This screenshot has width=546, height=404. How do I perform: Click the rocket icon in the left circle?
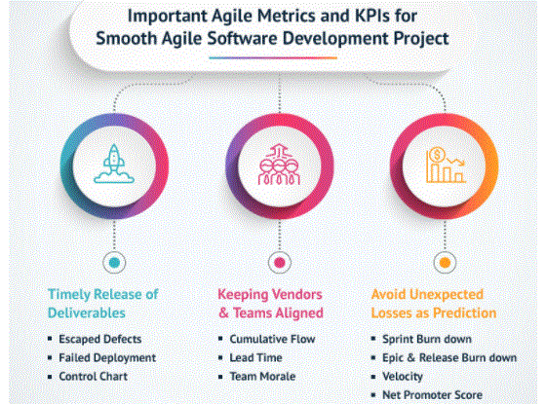(114, 164)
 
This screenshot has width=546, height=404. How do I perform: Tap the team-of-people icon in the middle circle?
(279, 165)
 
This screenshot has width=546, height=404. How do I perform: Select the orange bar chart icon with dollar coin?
(446, 165)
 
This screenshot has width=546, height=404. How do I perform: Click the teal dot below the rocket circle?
(114, 263)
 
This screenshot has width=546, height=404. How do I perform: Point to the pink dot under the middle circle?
(279, 263)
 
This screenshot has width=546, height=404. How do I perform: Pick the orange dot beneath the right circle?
(445, 263)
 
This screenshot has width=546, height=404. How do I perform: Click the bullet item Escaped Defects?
(99, 339)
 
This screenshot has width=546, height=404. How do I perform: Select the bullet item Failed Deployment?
(107, 358)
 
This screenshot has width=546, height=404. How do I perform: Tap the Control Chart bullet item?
(93, 376)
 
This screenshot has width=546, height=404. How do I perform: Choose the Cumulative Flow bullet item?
(272, 339)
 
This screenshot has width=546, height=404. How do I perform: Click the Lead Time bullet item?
(255, 358)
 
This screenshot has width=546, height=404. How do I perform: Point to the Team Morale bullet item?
(262, 376)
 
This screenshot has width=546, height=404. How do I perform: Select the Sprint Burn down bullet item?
(427, 339)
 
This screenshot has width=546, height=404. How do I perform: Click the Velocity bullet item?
(403, 377)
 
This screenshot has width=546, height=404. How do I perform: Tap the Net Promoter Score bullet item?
(432, 395)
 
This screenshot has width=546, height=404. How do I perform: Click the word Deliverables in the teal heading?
(87, 312)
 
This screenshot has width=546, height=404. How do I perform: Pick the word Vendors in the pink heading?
(295, 294)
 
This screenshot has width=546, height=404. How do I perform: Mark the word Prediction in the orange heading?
(465, 312)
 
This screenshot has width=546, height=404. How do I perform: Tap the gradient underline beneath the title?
(273, 57)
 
